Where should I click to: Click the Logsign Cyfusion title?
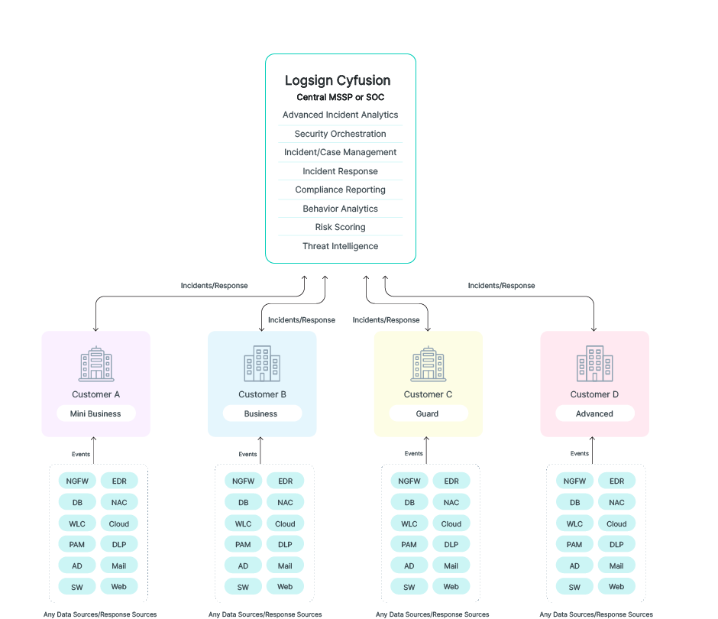coord(338,80)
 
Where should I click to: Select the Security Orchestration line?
coord(341,134)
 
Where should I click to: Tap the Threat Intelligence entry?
coord(341,246)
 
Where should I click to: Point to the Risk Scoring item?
coord(341,227)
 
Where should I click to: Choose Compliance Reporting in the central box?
coord(341,190)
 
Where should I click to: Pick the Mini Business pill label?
coord(95,413)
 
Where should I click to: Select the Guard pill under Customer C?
coord(428,413)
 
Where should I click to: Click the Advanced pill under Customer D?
coord(594,413)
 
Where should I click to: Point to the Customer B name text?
coord(262,394)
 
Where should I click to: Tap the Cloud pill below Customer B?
coord(285,523)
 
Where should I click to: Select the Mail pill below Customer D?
coord(616,566)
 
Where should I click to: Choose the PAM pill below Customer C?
coord(409,545)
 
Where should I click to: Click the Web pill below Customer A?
coord(119,587)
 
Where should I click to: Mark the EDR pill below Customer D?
coord(616,481)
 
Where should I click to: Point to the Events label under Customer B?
coord(247,454)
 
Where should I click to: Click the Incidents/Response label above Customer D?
coord(501,286)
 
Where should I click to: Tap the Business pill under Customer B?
coord(261,413)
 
